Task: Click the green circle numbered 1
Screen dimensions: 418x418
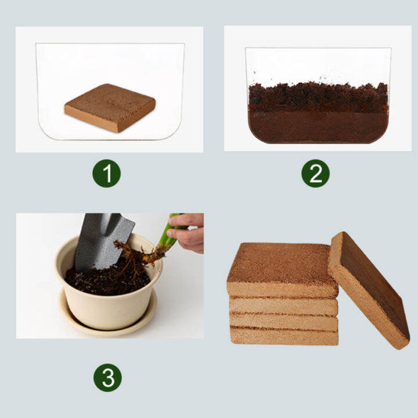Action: pos(107,173)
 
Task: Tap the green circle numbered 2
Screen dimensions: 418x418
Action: pos(315,173)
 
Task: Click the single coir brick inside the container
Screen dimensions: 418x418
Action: pos(110,107)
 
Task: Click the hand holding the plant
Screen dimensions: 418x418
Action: pos(189,232)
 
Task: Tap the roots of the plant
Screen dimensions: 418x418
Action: pos(131,255)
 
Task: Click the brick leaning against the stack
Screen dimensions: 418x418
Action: pos(369,287)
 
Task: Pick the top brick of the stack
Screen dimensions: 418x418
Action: pos(282,267)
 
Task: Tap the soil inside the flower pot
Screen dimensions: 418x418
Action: pos(105,280)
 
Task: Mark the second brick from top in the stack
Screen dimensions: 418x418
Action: pos(283,305)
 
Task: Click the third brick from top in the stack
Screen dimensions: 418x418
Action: pos(283,321)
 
